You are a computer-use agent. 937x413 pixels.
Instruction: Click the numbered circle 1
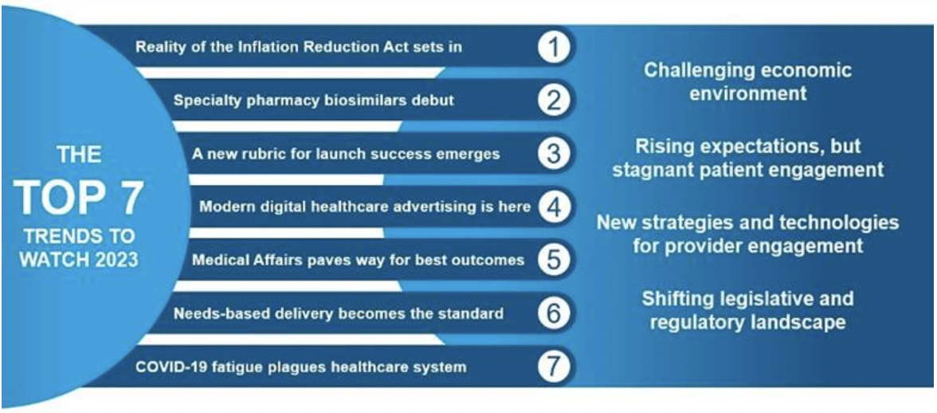[x=555, y=47]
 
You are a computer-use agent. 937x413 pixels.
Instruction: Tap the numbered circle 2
[x=555, y=100]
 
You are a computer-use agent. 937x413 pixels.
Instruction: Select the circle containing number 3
[x=555, y=154]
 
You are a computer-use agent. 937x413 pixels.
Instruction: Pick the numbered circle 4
[x=555, y=206]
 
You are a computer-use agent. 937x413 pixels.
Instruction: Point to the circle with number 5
[x=555, y=260]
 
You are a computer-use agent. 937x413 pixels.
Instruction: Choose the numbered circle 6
[x=555, y=313]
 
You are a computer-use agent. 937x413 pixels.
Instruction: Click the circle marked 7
[x=555, y=367]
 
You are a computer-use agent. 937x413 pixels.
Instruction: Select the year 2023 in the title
[x=115, y=260]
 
